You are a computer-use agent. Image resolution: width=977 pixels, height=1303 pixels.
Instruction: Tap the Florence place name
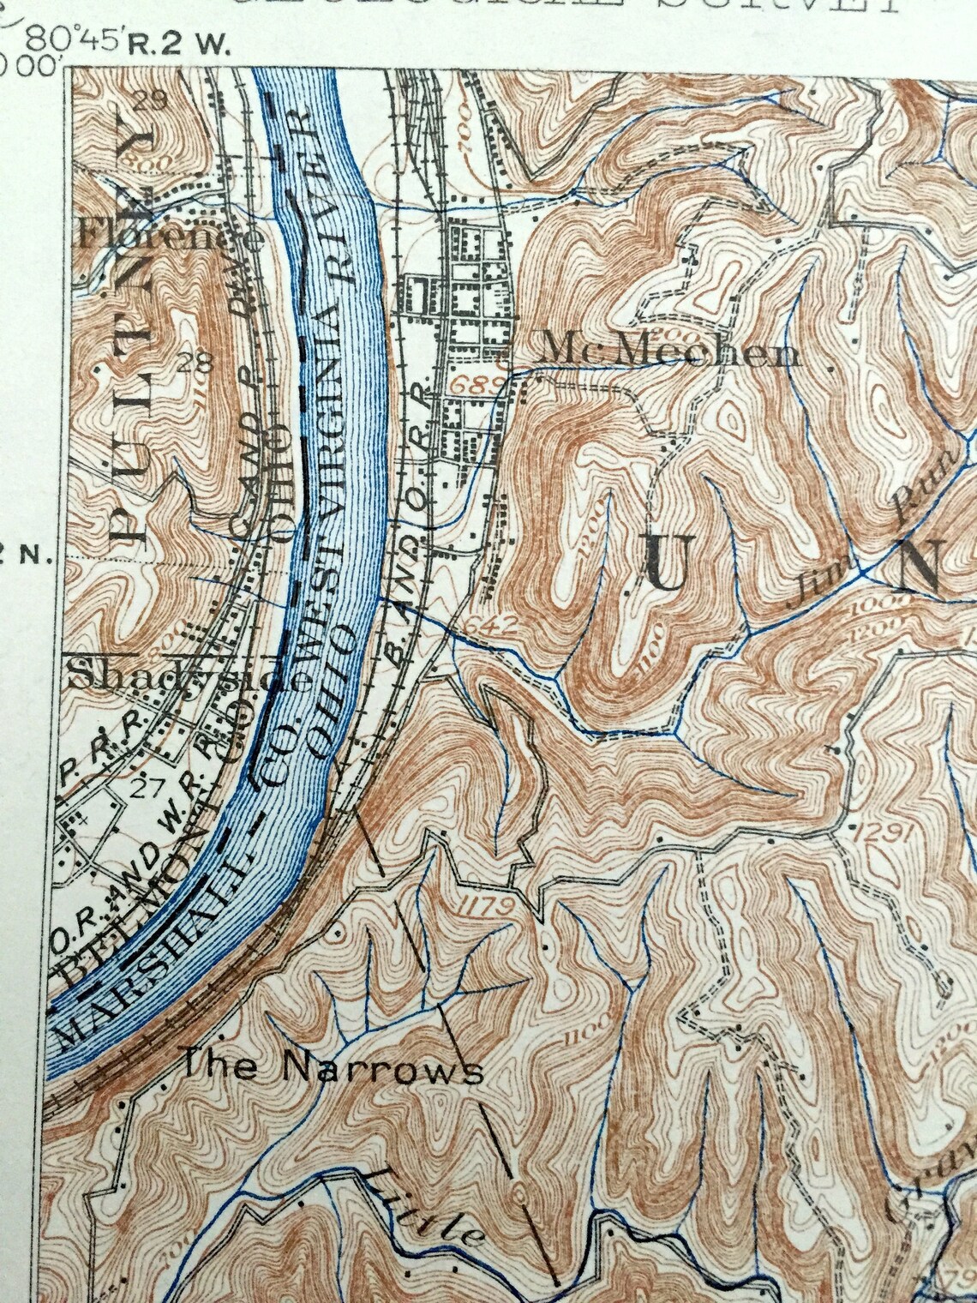(x=171, y=235)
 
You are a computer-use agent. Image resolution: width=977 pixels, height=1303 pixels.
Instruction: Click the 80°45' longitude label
(x=76, y=40)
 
